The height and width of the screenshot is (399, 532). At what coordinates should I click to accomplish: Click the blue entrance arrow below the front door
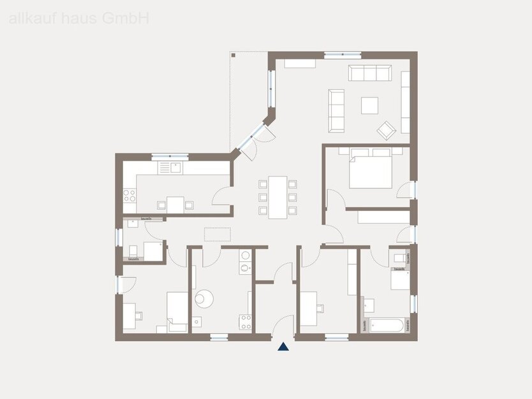coord(283,347)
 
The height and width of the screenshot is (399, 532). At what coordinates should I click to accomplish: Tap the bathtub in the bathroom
coord(386,325)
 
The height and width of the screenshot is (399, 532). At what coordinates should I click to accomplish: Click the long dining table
coord(278,197)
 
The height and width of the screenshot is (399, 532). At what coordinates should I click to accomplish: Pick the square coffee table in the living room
coord(369,105)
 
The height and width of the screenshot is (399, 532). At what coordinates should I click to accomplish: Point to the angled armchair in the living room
coord(386,130)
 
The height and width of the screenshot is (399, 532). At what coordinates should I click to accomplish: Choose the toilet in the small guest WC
coord(133,250)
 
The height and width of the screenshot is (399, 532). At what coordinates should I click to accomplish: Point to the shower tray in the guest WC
coord(152,251)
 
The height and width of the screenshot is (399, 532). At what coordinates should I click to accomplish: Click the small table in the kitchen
coord(175,204)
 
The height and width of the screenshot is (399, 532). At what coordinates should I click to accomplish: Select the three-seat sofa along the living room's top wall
coord(369,73)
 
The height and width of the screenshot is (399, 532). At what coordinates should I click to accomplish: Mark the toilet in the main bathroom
coord(399,258)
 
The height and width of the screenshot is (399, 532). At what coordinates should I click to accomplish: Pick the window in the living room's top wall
coord(342,55)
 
